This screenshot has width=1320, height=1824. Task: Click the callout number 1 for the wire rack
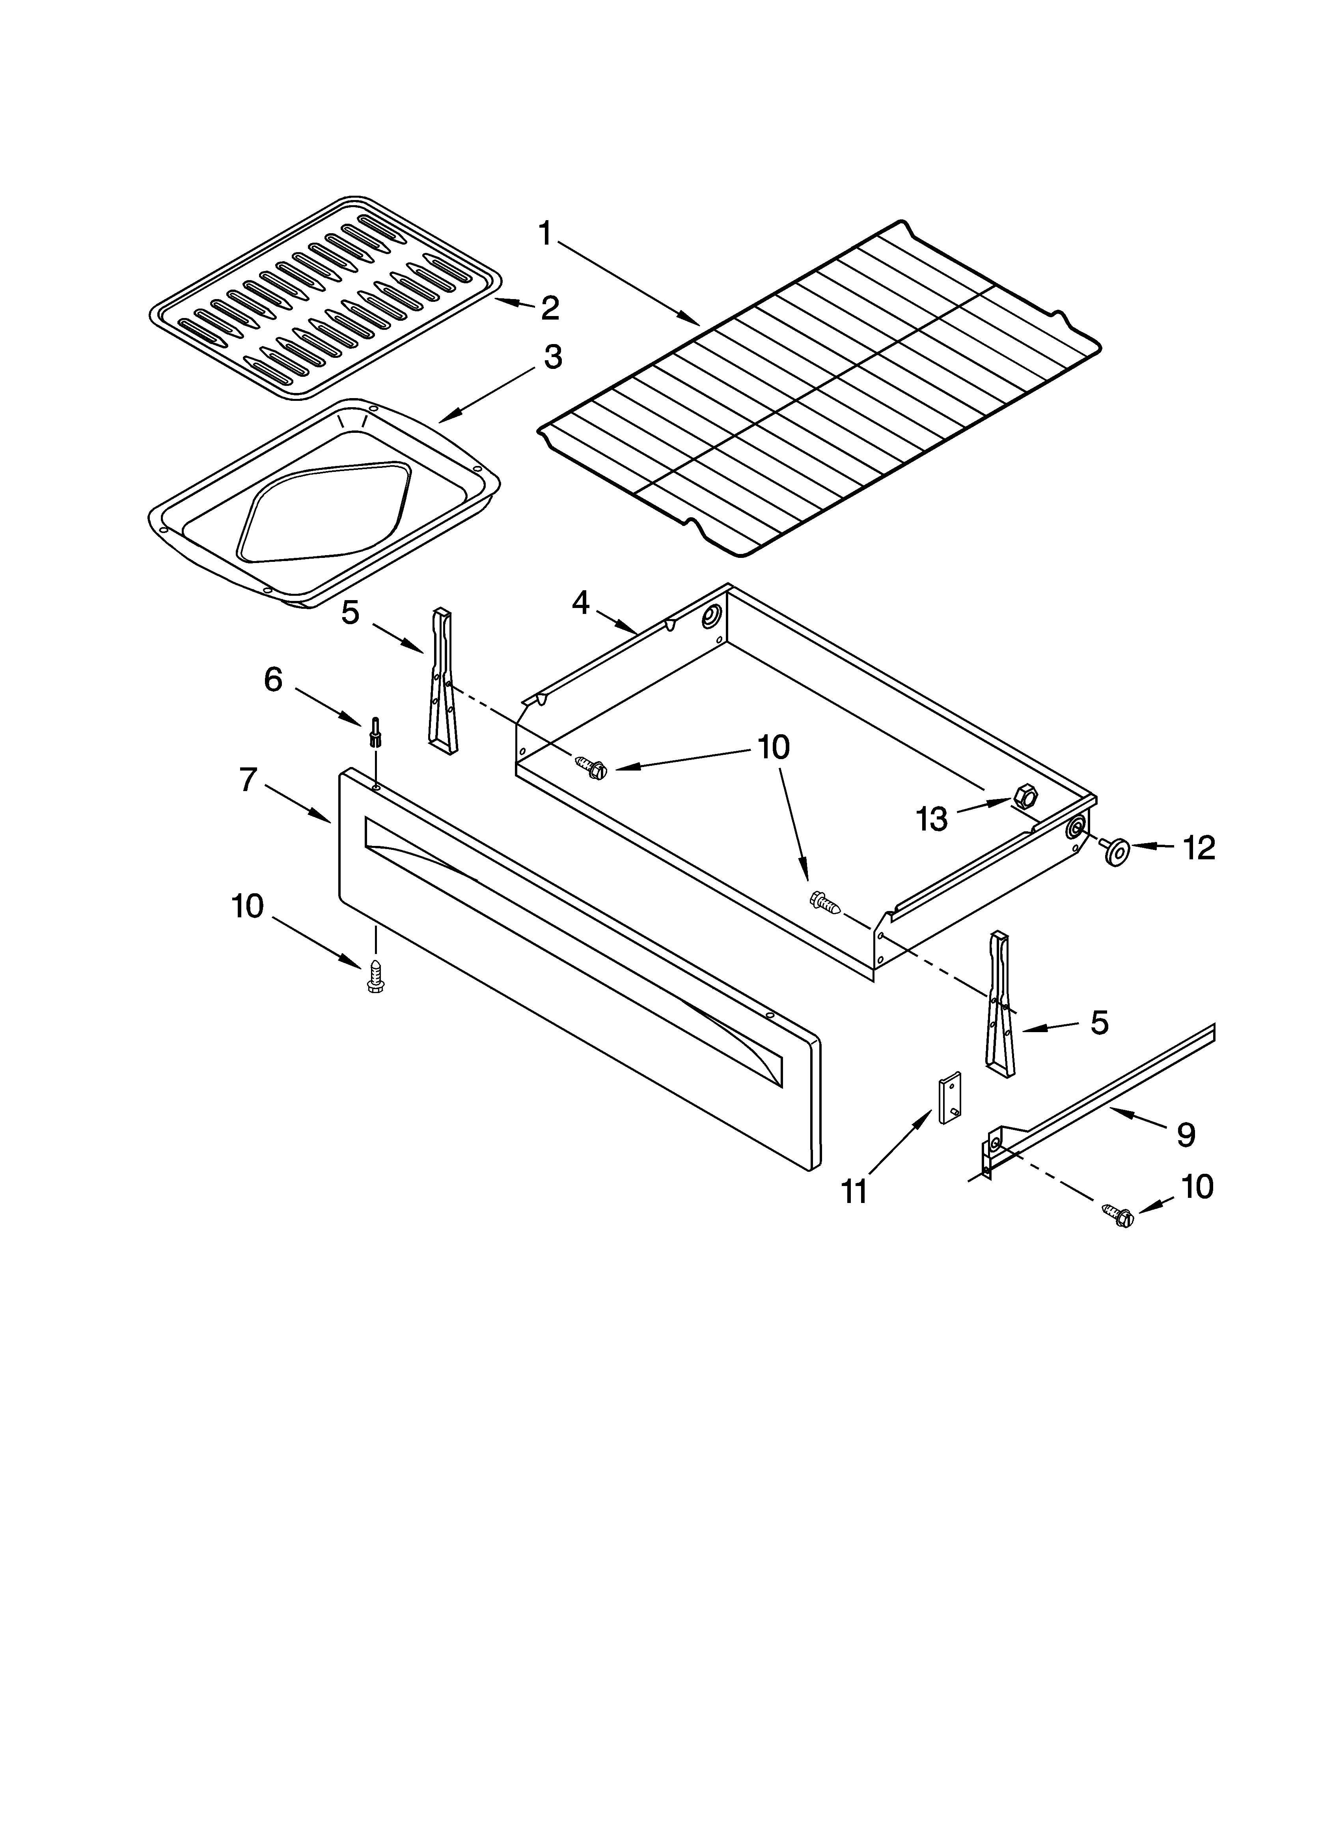click(545, 234)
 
